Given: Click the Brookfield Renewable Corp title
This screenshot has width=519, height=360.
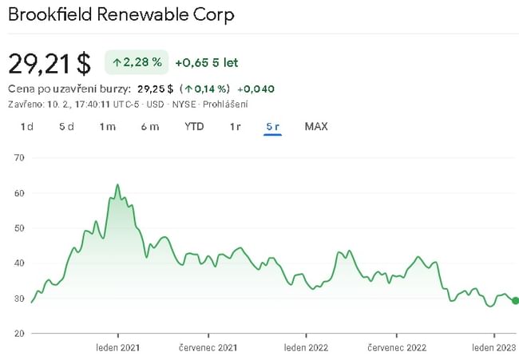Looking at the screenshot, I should coord(121,15).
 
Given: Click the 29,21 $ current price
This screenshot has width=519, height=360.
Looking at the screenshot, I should coord(50,63).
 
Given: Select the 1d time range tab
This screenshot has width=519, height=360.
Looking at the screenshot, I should coord(27,126).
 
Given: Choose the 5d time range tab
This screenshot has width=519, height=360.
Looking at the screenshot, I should coord(66,126).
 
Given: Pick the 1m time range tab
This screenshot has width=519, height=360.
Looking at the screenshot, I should coord(108,126).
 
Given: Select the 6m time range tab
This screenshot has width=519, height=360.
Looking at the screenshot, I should coord(149,126).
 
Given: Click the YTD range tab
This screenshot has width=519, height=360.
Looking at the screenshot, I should coord(194,126).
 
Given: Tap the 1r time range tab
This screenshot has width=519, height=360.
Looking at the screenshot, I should coord(235,126).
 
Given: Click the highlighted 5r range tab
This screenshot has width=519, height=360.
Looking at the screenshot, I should coord(272,126).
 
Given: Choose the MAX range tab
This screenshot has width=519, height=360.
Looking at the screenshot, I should coord(316,126).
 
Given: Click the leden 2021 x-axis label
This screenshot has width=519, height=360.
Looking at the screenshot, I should coord(118,347).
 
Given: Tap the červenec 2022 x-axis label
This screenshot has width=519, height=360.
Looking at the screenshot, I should coord(397,347).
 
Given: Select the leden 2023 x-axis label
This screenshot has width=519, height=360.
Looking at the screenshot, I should coord(493,347).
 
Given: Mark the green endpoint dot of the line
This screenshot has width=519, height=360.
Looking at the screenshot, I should coord(515,300).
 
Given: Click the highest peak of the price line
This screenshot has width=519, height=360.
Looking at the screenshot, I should coord(117,184).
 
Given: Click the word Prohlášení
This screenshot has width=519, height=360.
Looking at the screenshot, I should coord(224,104).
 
